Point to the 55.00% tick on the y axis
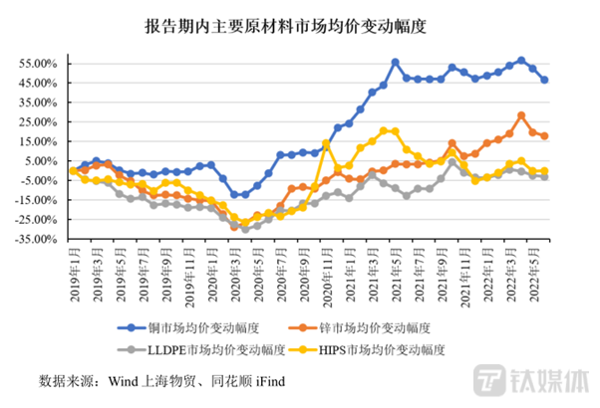(x=38, y=64)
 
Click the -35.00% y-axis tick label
(x=36, y=239)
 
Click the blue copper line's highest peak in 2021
(x=395, y=62)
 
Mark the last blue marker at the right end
(x=544, y=81)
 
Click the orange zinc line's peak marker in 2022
(x=520, y=115)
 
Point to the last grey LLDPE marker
(x=544, y=176)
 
